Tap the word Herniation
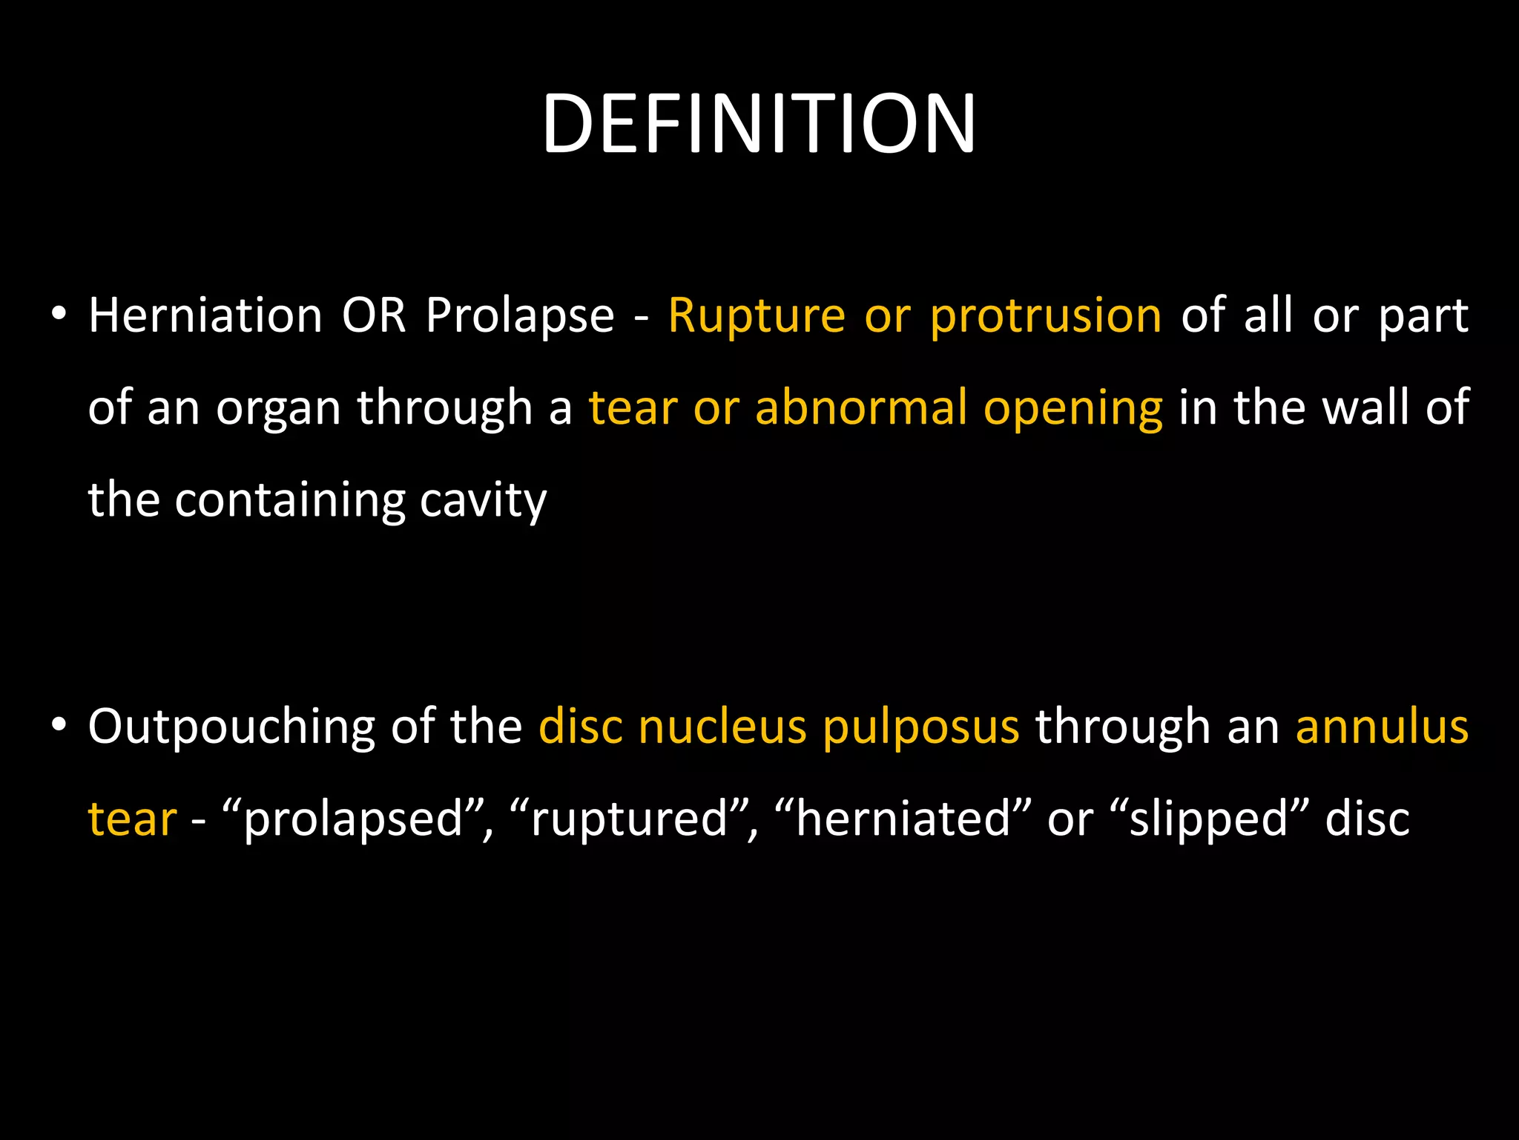[205, 315]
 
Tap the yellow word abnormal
[860, 408]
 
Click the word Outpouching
[231, 728]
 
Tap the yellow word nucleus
[722, 727]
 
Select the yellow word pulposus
[921, 728]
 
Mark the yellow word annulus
[1382, 727]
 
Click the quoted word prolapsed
[353, 820]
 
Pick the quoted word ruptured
[630, 820]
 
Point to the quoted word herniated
[903, 819]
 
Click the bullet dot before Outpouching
[59, 724]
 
